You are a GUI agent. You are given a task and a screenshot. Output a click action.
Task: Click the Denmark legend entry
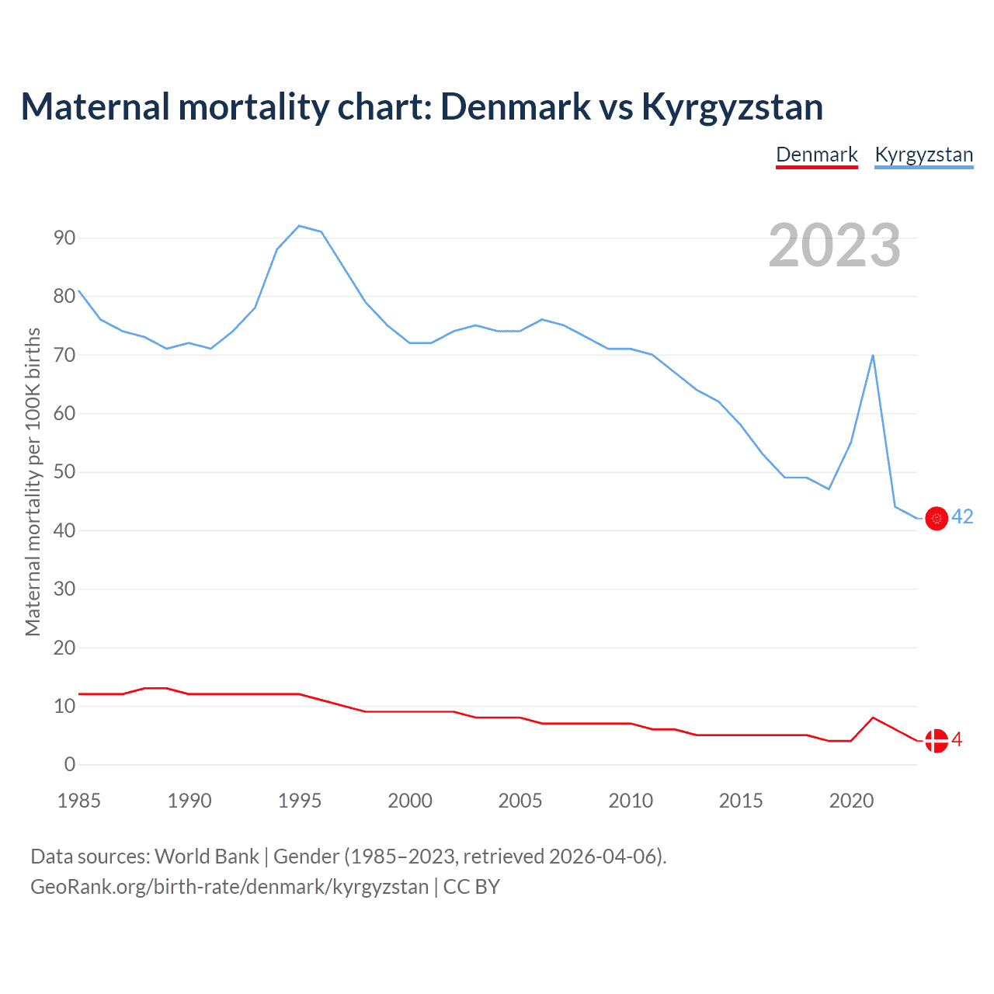(x=817, y=155)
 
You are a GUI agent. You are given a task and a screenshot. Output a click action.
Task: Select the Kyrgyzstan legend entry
(x=923, y=155)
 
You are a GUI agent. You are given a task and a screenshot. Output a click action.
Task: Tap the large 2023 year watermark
(x=835, y=245)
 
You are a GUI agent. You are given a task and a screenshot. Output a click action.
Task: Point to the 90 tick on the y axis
(x=64, y=238)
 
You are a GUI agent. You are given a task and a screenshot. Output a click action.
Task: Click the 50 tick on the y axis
(x=64, y=472)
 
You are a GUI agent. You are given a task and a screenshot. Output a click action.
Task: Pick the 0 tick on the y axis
(x=70, y=764)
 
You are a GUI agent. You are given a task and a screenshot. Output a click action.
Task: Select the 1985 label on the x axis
(x=79, y=801)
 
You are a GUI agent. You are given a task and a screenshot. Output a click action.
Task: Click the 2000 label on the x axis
(x=410, y=801)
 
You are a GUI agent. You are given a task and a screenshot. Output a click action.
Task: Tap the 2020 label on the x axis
(x=851, y=801)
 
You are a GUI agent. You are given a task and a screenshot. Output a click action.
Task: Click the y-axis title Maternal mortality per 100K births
(x=33, y=481)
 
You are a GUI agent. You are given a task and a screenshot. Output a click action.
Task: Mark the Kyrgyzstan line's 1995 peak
(x=300, y=226)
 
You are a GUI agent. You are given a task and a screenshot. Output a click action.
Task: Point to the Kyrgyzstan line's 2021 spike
(x=873, y=356)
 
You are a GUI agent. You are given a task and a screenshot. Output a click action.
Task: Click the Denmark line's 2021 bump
(x=873, y=718)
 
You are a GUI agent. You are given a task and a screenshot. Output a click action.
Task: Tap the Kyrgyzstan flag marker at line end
(x=937, y=518)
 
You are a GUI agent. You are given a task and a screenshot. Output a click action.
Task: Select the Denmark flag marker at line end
(x=937, y=741)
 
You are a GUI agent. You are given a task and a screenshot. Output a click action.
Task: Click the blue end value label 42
(x=962, y=517)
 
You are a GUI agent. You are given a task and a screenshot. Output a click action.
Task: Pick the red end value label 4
(x=957, y=740)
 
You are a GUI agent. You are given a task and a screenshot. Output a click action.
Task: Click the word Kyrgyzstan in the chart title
(x=732, y=106)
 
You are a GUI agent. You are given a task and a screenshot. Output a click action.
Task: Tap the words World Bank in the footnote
(x=207, y=857)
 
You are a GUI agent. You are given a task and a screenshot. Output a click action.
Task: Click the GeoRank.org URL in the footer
(x=229, y=887)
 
